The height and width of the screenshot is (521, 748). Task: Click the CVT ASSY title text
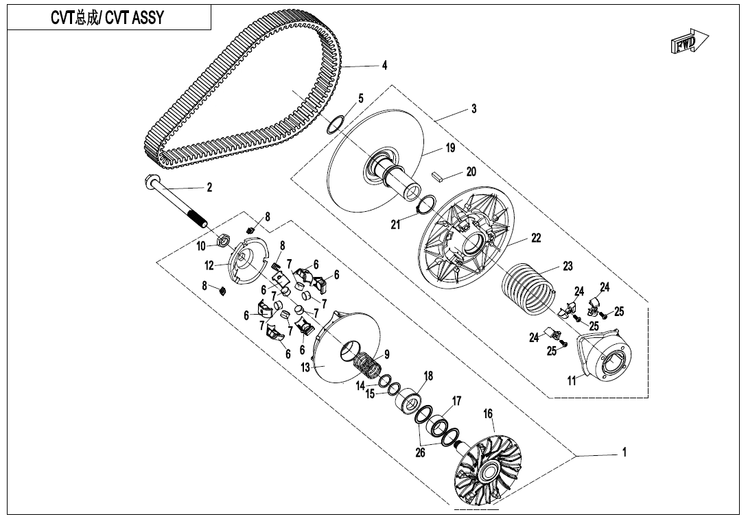[107, 18]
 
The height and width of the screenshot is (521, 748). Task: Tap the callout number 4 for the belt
[385, 66]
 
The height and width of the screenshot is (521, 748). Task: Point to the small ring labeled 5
[335, 125]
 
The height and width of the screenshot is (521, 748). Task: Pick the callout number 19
[449, 147]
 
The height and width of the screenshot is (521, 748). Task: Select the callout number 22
[537, 239]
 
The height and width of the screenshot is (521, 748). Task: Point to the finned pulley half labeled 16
[487, 466]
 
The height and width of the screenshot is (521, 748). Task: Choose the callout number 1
[624, 452]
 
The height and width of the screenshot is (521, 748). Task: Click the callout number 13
[306, 368]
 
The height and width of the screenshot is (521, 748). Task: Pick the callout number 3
[474, 109]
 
